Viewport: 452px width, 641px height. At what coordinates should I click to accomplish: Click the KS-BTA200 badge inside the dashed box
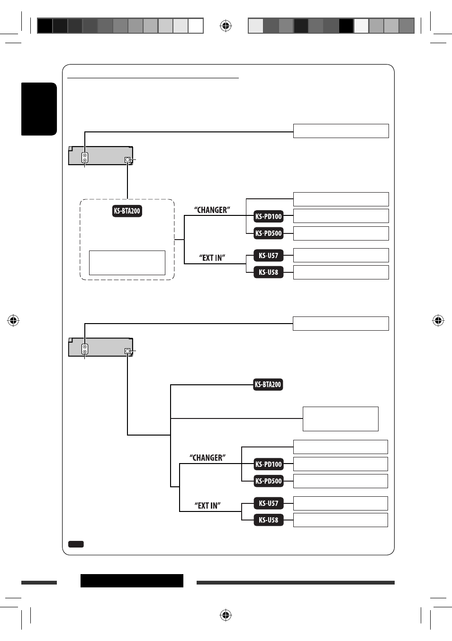[127, 211]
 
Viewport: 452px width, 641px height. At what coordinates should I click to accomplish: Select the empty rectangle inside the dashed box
[127, 263]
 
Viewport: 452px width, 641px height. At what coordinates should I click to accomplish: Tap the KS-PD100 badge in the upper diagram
[268, 216]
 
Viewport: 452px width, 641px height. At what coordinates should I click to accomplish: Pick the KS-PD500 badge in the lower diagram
[268, 481]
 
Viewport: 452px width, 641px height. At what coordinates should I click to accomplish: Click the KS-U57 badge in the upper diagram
[268, 255]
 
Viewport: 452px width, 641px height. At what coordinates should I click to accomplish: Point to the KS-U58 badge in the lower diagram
[268, 520]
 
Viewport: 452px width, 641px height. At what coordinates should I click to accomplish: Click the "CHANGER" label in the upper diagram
[212, 210]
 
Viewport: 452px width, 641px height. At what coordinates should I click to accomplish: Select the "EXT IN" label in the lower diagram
[208, 506]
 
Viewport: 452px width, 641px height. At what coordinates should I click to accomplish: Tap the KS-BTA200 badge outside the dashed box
[268, 384]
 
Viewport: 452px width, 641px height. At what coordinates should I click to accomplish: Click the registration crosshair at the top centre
[226, 26]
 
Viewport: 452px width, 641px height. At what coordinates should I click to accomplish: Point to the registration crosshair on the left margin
[13, 320]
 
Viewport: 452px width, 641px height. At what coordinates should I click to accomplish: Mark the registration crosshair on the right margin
[438, 320]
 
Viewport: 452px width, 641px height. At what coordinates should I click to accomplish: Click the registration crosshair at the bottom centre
[226, 615]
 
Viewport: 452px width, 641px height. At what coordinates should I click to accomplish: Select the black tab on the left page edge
[39, 109]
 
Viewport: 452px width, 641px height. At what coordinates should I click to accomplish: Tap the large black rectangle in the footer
[132, 581]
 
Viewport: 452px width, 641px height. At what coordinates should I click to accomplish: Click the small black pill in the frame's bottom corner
[76, 544]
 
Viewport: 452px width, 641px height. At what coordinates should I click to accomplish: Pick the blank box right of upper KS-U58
[341, 272]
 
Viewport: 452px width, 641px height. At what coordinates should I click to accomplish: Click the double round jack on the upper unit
[85, 158]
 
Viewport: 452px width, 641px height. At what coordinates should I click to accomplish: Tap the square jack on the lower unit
[127, 351]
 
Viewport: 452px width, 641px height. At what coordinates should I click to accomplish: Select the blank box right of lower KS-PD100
[341, 464]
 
